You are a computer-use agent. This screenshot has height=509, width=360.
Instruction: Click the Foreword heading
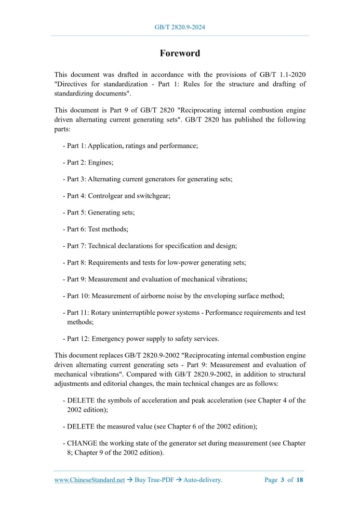[x=180, y=53]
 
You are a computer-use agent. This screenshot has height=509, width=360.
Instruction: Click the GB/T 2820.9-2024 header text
[x=180, y=27]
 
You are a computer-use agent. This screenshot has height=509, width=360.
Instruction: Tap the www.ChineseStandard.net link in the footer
[x=89, y=480]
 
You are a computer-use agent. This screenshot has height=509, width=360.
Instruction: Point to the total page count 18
[x=300, y=480]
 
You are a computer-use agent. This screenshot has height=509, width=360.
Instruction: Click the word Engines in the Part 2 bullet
[x=100, y=163]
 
